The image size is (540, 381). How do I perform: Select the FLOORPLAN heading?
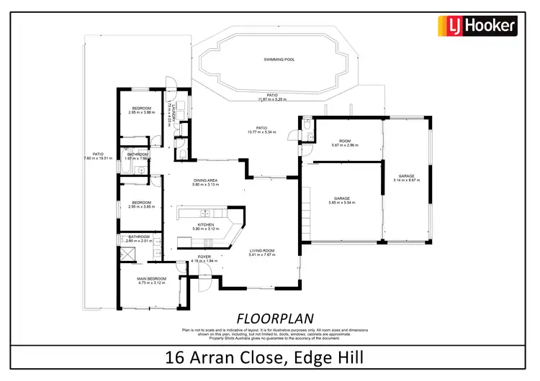coord(267,317)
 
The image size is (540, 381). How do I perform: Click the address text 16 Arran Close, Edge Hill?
coord(269,357)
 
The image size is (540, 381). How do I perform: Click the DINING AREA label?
coord(206,180)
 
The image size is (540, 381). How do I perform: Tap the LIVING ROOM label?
coord(262,251)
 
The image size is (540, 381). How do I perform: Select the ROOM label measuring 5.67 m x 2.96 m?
coord(345,141)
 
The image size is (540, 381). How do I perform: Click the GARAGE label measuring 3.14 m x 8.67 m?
coord(407,175)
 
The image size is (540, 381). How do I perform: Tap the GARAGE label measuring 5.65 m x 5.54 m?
coord(341,198)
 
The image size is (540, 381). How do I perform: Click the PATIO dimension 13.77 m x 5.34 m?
coord(262,132)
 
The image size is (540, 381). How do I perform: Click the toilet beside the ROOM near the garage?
coord(307,126)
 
